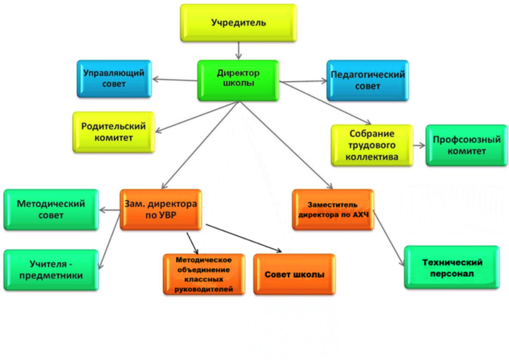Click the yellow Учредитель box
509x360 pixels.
(x=238, y=23)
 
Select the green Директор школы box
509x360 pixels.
(x=238, y=80)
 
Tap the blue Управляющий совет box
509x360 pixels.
(x=114, y=79)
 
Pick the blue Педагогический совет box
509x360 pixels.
(x=367, y=80)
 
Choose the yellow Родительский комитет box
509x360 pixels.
(x=114, y=132)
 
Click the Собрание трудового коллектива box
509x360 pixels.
(x=372, y=145)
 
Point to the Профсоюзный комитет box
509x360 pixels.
(x=466, y=145)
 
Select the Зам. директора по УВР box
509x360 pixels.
(x=161, y=210)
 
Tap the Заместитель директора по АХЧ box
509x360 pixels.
(x=333, y=210)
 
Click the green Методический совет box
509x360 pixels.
(x=51, y=210)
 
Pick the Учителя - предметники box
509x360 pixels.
(x=51, y=270)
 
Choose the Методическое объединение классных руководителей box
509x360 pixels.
(x=204, y=274)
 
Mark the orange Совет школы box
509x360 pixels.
(x=294, y=274)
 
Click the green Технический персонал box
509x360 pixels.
(x=451, y=267)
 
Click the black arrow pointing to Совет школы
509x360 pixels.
(x=243, y=237)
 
